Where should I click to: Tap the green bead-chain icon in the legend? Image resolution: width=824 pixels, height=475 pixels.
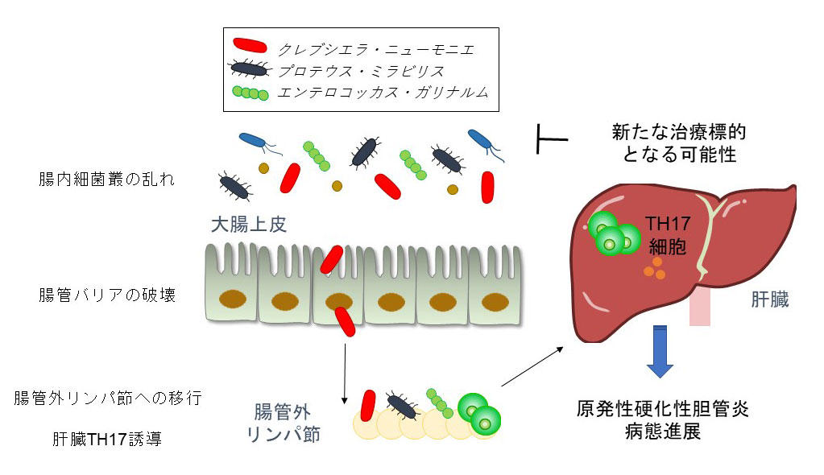tap(251, 93)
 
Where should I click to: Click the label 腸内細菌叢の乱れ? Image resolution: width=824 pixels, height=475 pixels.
tap(106, 178)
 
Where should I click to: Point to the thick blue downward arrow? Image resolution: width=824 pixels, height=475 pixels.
tap(660, 351)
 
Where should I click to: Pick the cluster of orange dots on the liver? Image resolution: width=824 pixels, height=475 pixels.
tap(654, 269)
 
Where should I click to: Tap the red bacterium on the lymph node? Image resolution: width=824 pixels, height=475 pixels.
tap(369, 406)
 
